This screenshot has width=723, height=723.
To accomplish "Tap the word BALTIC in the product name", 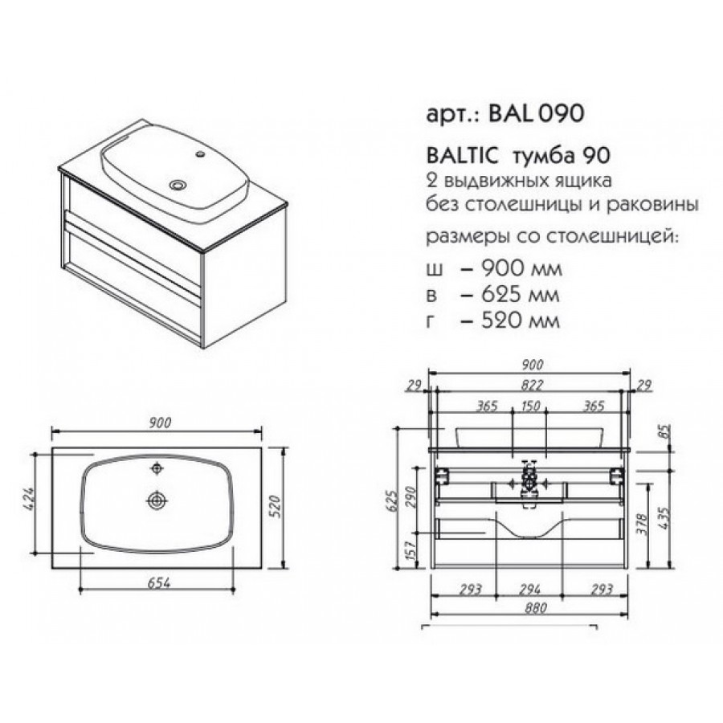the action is click(x=463, y=156).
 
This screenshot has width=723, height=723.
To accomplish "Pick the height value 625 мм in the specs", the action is click(x=520, y=294).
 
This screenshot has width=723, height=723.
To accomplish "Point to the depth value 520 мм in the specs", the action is click(x=520, y=321).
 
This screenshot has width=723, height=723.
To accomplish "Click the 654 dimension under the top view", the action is click(x=158, y=583).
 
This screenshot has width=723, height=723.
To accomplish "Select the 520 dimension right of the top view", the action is click(x=274, y=506).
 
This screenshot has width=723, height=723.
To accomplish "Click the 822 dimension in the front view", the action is click(x=533, y=385).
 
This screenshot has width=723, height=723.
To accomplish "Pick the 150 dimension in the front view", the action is click(x=530, y=406).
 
